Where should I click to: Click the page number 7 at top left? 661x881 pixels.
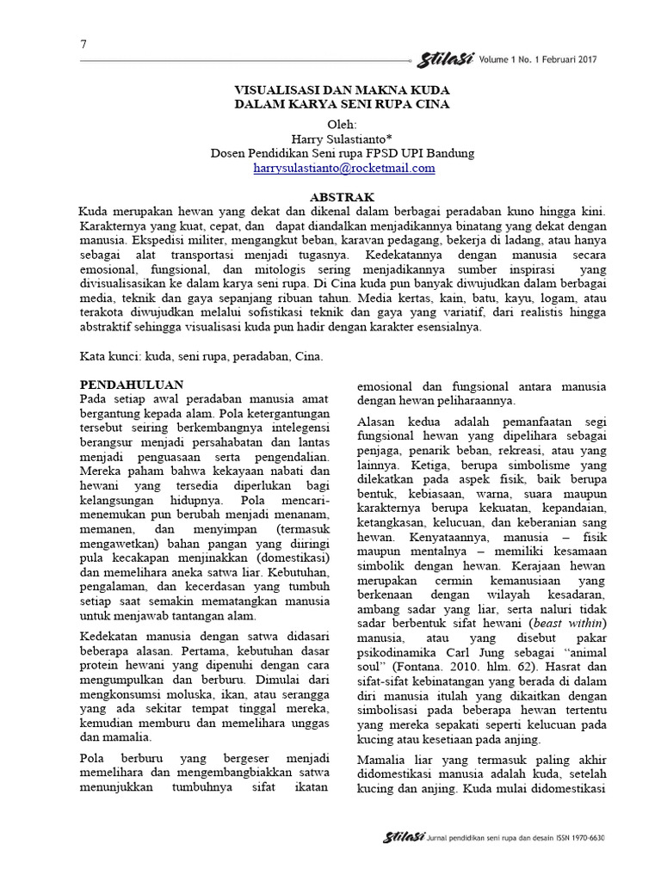point(83,45)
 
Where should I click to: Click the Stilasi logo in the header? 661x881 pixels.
point(442,59)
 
